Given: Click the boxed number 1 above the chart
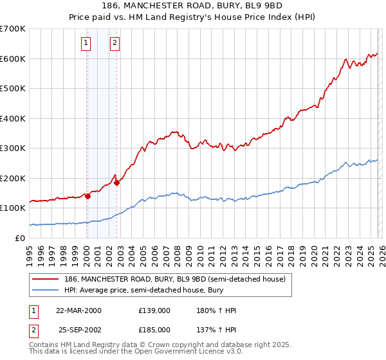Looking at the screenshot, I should point(86,43).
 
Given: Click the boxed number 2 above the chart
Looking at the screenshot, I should point(115,43).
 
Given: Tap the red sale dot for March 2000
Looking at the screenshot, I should point(87,197).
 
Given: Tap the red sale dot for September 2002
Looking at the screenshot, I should point(116,183).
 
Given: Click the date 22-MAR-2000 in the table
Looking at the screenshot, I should point(78,310).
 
